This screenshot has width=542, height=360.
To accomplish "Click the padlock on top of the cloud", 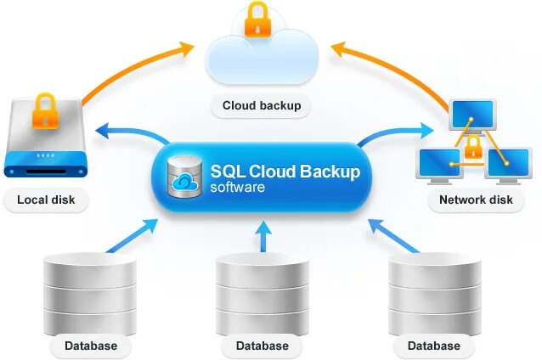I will tap(258, 20).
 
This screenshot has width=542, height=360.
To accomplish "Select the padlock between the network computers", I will tap(473, 149).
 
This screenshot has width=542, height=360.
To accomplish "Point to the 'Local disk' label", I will tap(46, 200).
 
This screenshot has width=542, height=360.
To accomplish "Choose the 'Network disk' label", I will tap(476, 200).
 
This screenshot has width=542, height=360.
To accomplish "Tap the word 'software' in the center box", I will tap(238, 187).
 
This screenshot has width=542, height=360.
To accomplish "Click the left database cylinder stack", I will tap(90, 294).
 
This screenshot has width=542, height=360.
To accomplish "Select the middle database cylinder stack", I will tap(262, 294).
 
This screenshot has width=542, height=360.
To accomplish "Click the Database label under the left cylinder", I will tap(91, 346).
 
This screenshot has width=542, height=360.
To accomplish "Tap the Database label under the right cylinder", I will tap(433, 346).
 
